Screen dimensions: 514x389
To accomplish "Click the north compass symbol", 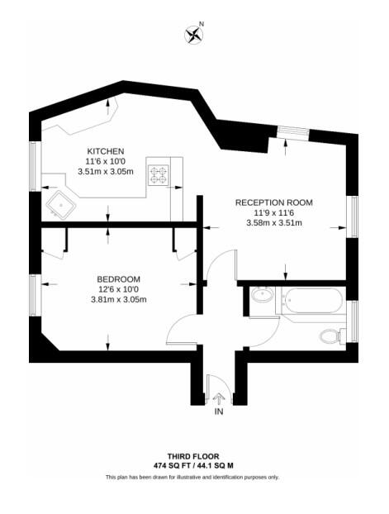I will pyautogui.click(x=193, y=34).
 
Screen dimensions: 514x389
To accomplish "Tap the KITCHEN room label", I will pyautogui.click(x=106, y=151).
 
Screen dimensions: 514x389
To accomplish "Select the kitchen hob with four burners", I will pyautogui.click(x=157, y=174).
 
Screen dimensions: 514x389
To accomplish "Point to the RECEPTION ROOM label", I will pyautogui.click(x=273, y=202).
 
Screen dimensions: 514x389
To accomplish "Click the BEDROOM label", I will pyautogui.click(x=118, y=278).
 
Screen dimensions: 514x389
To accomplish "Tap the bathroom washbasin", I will pyautogui.click(x=263, y=295).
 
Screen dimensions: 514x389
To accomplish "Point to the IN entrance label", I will pyautogui.click(x=219, y=411).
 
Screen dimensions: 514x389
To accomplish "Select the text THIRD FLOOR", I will pyautogui.click(x=194, y=456).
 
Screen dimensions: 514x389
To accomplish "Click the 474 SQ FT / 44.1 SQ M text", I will pyautogui.click(x=194, y=466).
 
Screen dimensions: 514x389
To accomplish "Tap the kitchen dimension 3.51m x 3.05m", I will pyautogui.click(x=106, y=172).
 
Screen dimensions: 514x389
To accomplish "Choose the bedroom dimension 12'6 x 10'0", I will pyautogui.click(x=118, y=289).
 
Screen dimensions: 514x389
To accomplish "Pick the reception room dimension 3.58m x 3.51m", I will pyautogui.click(x=273, y=222).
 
